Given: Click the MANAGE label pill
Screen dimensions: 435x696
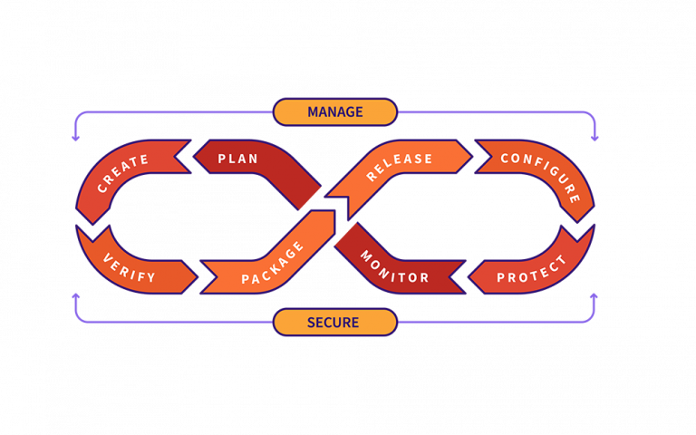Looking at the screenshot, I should tap(334, 112).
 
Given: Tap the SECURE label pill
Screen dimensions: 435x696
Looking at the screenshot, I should tap(334, 323).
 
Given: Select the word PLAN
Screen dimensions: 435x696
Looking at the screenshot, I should tap(238, 159).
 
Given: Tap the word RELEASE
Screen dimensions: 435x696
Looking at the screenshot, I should tap(400, 167).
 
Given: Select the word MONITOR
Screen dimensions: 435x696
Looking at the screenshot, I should tap(394, 266).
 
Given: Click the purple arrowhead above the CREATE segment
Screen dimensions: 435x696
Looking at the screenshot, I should tap(76, 139).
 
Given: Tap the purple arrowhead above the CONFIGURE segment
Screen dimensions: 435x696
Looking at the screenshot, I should tap(594, 139).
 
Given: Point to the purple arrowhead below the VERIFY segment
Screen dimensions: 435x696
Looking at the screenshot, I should tap(76, 295).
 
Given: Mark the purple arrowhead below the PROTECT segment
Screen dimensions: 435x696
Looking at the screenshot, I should tap(594, 295).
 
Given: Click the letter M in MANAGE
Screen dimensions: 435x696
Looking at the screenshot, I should tap(313, 112).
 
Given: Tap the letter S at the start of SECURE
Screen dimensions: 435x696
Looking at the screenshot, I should tap(311, 323).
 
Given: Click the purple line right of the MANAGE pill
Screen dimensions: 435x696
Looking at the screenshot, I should tap(489, 112).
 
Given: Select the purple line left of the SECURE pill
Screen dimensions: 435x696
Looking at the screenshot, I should tap(181, 323).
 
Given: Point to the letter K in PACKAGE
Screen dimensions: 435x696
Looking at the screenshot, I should tap(276, 262).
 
